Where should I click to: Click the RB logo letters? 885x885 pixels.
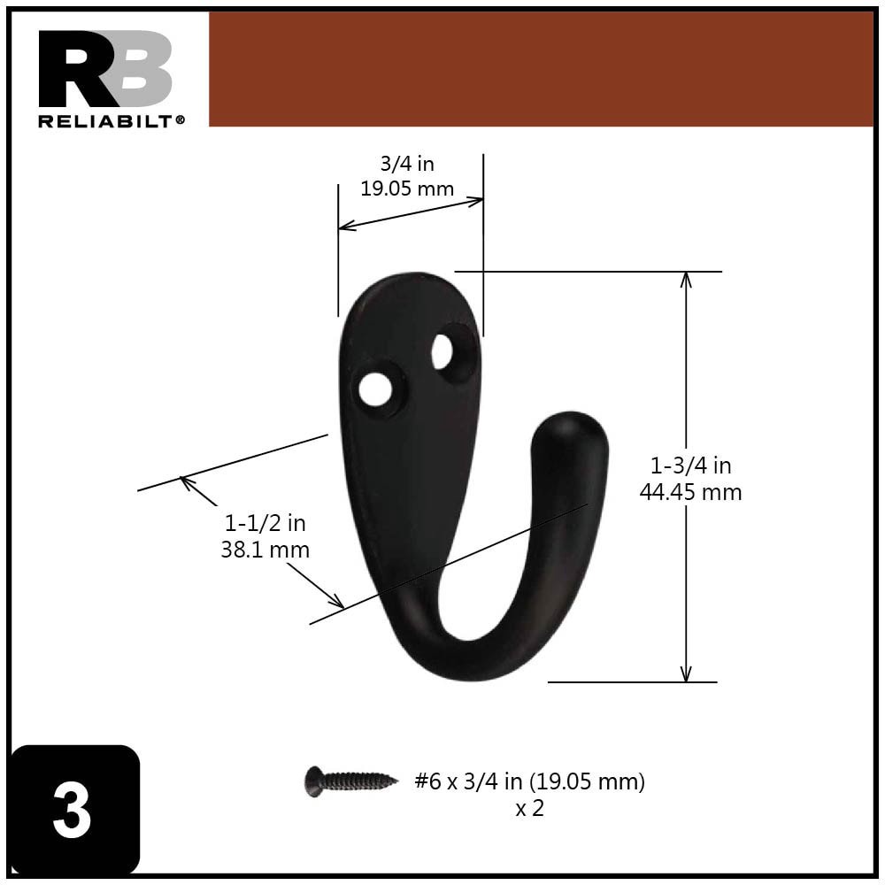(104, 69)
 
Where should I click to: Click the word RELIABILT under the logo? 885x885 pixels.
(106, 121)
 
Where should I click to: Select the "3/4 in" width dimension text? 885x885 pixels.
(407, 164)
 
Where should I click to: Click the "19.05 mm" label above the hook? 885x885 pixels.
(407, 189)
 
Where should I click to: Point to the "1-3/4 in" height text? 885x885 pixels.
(691, 466)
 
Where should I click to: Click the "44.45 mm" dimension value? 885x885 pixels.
(691, 492)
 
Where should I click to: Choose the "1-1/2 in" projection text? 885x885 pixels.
(265, 523)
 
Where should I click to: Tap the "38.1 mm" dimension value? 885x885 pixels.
(265, 550)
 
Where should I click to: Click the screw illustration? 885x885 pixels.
(351, 781)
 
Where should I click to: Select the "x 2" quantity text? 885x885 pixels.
(529, 808)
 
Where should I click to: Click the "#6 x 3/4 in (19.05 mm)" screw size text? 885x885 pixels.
(529, 781)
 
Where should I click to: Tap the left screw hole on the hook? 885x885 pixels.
(375, 389)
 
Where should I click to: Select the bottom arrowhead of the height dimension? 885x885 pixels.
(685, 674)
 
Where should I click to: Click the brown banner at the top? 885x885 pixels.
(540, 69)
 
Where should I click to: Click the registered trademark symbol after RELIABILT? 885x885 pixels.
(181, 119)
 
